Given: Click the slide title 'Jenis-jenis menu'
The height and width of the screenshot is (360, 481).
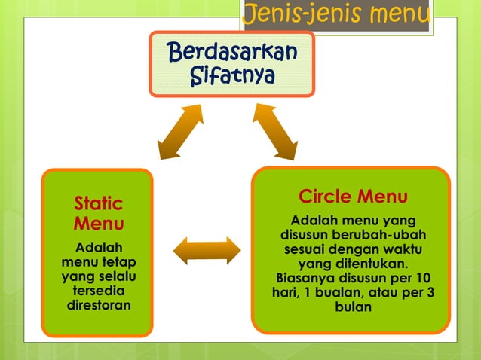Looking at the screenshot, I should tap(336, 14).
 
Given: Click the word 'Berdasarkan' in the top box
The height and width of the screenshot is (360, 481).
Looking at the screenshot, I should tap(232, 53).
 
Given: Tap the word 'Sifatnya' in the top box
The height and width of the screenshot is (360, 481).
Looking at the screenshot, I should tap(232, 76).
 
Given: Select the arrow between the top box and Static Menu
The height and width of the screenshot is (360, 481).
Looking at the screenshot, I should tap(181, 131).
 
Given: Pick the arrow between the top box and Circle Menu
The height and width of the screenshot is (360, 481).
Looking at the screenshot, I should tap(274, 131).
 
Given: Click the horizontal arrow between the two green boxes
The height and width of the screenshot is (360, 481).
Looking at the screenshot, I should tap(207, 251).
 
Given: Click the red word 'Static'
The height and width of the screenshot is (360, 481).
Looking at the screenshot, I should tap(99, 203).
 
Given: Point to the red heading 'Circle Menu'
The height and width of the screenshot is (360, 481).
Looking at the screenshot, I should tap(353, 197).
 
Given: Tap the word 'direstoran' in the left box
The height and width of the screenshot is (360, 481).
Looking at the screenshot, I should tap(99, 306).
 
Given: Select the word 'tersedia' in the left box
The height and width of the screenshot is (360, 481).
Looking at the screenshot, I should tap(99, 291).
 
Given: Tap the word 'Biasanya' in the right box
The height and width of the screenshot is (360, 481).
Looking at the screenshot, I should tap(304, 278).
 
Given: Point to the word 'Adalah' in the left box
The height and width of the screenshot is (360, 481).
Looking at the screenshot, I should tap(99, 248).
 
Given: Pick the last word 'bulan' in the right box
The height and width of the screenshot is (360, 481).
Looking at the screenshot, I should tap(353, 307).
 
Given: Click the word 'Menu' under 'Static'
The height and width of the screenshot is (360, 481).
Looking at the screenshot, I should tap(99, 224).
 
